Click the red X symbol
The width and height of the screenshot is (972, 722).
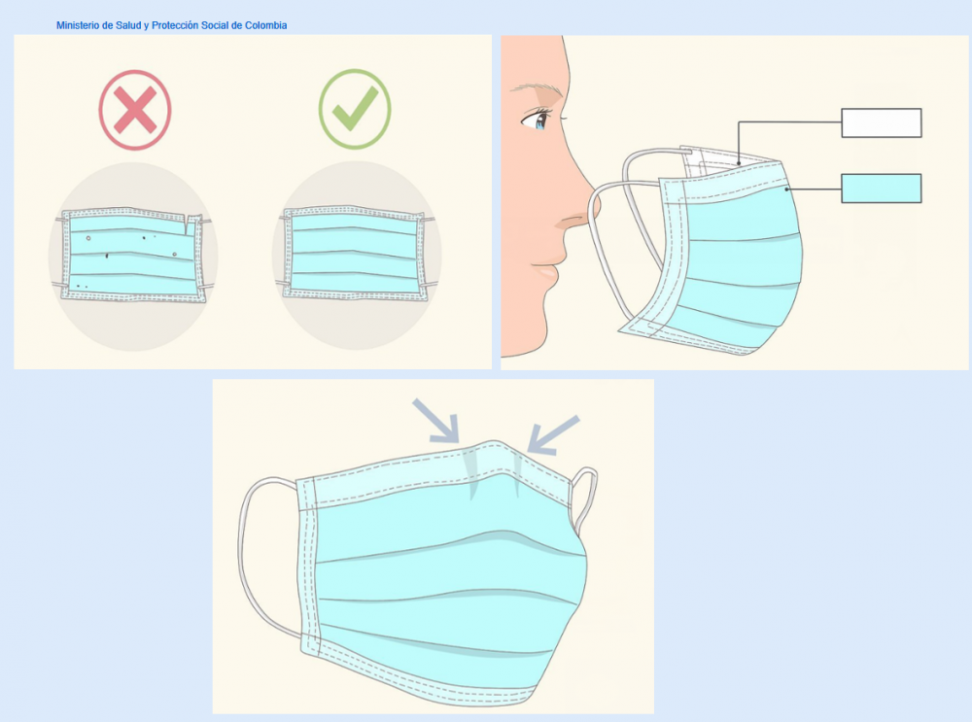[x=134, y=110]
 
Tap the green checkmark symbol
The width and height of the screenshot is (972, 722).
[x=355, y=109]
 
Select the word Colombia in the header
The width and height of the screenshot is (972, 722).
[x=266, y=25]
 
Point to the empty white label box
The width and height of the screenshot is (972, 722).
[x=881, y=122]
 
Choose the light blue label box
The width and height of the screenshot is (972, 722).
[x=881, y=188]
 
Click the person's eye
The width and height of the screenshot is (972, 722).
[x=537, y=119]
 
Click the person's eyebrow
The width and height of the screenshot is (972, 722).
[x=537, y=88]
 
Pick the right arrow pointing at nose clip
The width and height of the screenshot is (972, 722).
[x=552, y=434]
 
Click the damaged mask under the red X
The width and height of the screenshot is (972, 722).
[x=132, y=256]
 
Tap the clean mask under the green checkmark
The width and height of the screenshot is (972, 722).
[x=355, y=254]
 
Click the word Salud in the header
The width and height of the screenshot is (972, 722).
[x=128, y=25]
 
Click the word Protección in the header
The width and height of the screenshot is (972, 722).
[x=175, y=25]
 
